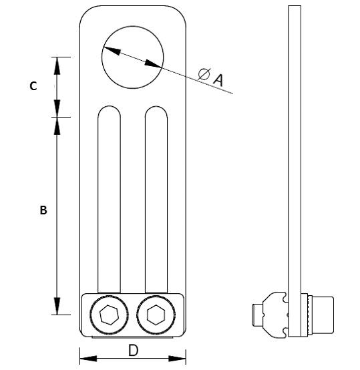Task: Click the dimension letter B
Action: click(43, 210)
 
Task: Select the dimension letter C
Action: click(33, 86)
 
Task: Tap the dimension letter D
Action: click(133, 349)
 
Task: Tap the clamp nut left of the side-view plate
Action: click(271, 313)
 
